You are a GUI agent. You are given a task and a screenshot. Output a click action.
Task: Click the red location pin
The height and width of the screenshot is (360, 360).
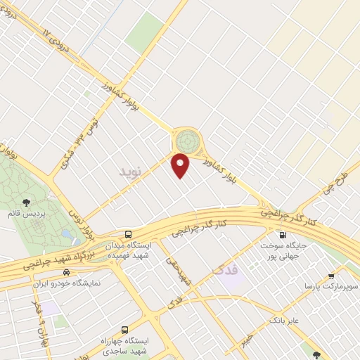181,165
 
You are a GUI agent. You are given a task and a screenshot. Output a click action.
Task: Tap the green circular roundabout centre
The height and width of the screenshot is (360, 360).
188,138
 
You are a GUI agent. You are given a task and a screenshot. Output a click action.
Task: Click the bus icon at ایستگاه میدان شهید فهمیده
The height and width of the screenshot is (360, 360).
127,233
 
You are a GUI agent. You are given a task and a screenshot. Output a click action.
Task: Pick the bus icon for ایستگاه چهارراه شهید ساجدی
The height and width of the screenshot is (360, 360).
125,328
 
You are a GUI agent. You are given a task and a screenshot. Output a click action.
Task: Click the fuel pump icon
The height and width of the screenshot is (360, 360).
283,236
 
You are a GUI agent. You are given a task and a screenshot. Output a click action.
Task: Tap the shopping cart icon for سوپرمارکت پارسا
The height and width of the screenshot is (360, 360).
331,276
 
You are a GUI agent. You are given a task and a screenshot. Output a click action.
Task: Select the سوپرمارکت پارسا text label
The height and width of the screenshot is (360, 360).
330,288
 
